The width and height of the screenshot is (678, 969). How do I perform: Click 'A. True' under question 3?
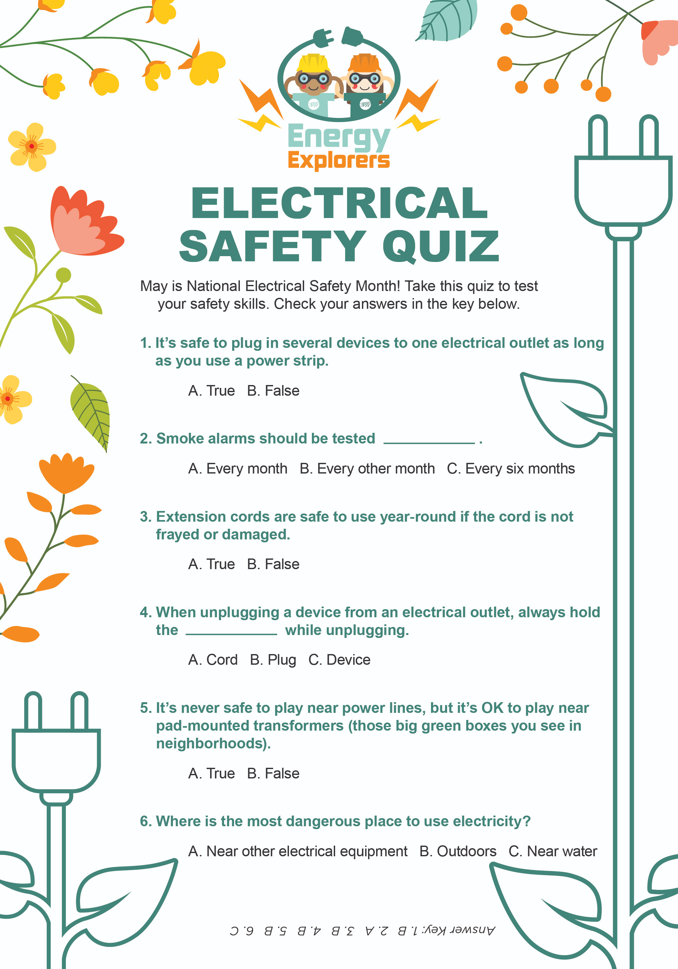click(211, 564)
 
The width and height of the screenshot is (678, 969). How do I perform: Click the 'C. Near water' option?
click(553, 851)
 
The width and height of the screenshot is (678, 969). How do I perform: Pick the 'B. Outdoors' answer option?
click(458, 851)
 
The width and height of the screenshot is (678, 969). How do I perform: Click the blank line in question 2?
click(429, 442)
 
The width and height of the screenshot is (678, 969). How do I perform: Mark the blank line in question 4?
click(231, 633)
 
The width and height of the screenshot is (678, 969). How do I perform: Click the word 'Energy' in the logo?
click(338, 137)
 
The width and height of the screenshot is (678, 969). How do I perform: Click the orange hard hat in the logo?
click(365, 63)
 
